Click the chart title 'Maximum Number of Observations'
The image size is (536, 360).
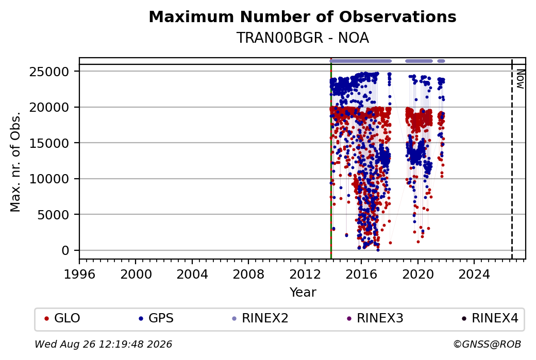click(303, 16)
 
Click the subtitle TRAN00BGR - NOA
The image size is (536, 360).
click(303, 38)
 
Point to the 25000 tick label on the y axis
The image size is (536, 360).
click(49, 72)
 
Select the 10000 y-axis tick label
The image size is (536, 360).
click(49, 179)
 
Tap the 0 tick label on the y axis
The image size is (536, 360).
click(65, 251)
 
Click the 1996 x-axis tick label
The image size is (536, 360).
click(79, 275)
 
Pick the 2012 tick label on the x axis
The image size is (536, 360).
click(305, 275)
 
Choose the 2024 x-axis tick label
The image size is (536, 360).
click(474, 275)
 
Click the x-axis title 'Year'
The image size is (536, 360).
click(303, 293)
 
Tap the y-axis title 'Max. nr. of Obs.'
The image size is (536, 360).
click(15, 162)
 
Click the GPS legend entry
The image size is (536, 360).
click(156, 318)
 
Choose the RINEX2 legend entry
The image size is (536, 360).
click(260, 318)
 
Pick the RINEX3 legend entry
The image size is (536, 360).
click(375, 318)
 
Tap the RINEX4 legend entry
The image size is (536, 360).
click(490, 318)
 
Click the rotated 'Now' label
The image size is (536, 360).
click(520, 79)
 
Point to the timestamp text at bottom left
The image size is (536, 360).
click(103, 344)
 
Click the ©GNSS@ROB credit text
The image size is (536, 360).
click(487, 344)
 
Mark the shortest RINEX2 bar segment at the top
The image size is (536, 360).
click(441, 61)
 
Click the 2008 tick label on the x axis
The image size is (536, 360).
click(248, 275)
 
